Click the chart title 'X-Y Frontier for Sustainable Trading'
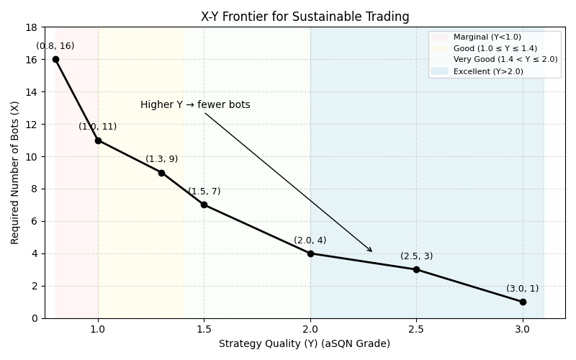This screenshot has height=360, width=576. click(x=305, y=17)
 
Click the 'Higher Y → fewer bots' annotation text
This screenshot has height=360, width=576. click(x=195, y=105)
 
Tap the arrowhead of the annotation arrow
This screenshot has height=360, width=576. click(x=372, y=251)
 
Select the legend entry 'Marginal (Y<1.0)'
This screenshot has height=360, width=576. click(x=487, y=37)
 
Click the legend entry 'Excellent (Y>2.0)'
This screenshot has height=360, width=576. click(x=488, y=71)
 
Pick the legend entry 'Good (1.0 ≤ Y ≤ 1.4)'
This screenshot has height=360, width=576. click(x=495, y=48)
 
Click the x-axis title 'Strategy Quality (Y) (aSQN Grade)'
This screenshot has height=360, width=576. click(x=305, y=344)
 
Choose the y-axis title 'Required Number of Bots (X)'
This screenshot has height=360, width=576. click(x=15, y=173)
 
